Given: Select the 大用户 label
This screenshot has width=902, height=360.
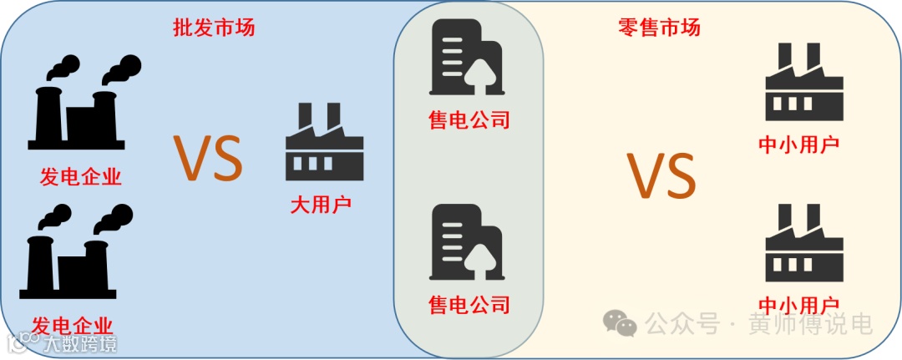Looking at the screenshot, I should click(321, 203).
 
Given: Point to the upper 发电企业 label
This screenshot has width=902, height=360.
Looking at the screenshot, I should click(81, 177).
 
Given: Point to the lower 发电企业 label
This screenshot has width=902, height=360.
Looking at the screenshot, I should click(73, 326).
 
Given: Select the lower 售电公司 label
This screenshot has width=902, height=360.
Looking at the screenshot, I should click(469, 302).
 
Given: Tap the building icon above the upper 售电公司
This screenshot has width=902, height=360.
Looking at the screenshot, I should click(466, 58).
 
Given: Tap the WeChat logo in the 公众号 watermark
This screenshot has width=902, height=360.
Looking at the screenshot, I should click(621, 322).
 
